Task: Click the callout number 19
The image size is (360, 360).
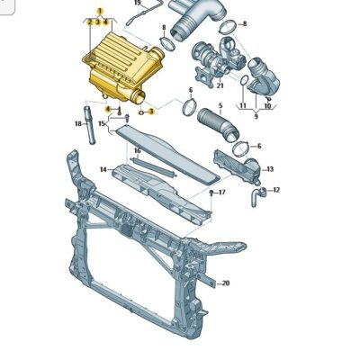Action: (138, 3)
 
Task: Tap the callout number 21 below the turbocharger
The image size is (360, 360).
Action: (220, 86)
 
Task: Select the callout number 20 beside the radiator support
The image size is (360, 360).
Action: (226, 283)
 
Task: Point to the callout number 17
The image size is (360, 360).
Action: (221, 193)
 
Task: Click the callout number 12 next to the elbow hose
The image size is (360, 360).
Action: (276, 190)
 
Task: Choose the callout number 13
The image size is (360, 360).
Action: (270, 169)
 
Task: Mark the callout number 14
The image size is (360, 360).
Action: (103, 170)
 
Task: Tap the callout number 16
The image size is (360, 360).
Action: (137, 151)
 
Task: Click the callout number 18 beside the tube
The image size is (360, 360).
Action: (78, 123)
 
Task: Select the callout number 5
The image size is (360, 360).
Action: (220, 105)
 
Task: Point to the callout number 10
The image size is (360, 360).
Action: (267, 106)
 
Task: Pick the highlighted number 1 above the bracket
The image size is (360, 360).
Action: (100, 12)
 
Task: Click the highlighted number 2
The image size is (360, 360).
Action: (89, 22)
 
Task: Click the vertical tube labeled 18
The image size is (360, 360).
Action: (89, 124)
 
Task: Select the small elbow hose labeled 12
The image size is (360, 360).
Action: (256, 196)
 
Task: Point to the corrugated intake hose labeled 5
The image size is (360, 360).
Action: (218, 124)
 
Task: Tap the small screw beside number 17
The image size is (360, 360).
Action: (211, 193)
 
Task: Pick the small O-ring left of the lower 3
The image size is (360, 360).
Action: (141, 112)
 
